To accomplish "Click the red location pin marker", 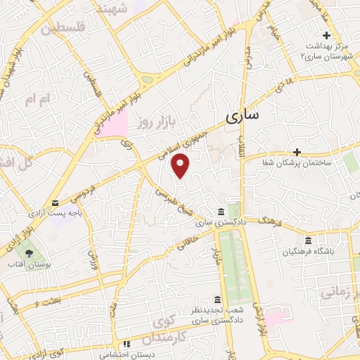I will pyautogui.click(x=181, y=165).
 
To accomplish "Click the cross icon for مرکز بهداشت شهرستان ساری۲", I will pyautogui.click(x=326, y=36).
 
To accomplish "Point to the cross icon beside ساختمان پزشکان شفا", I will pyautogui.click(x=297, y=152).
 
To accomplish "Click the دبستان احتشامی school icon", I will pyautogui.click(x=127, y=345).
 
